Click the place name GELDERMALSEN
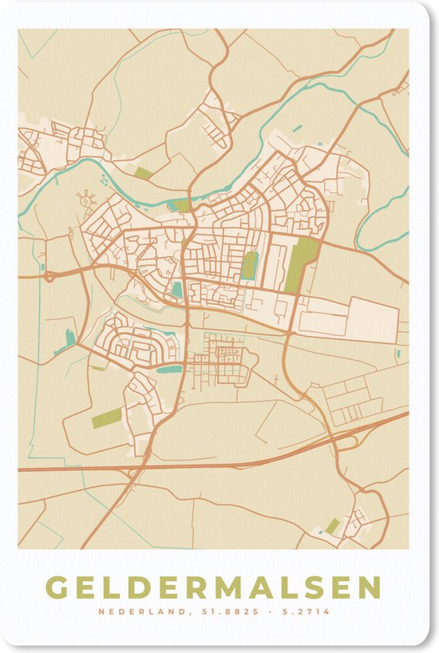tap(213, 588)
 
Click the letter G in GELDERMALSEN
tap(57, 588)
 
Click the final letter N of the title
tap(370, 588)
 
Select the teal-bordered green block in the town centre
tap(250, 266)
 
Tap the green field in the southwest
tap(107, 418)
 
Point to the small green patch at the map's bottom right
tap(332, 526)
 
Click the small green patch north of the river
tap(143, 172)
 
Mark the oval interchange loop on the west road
tap(49, 277)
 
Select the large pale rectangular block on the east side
tap(374, 319)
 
